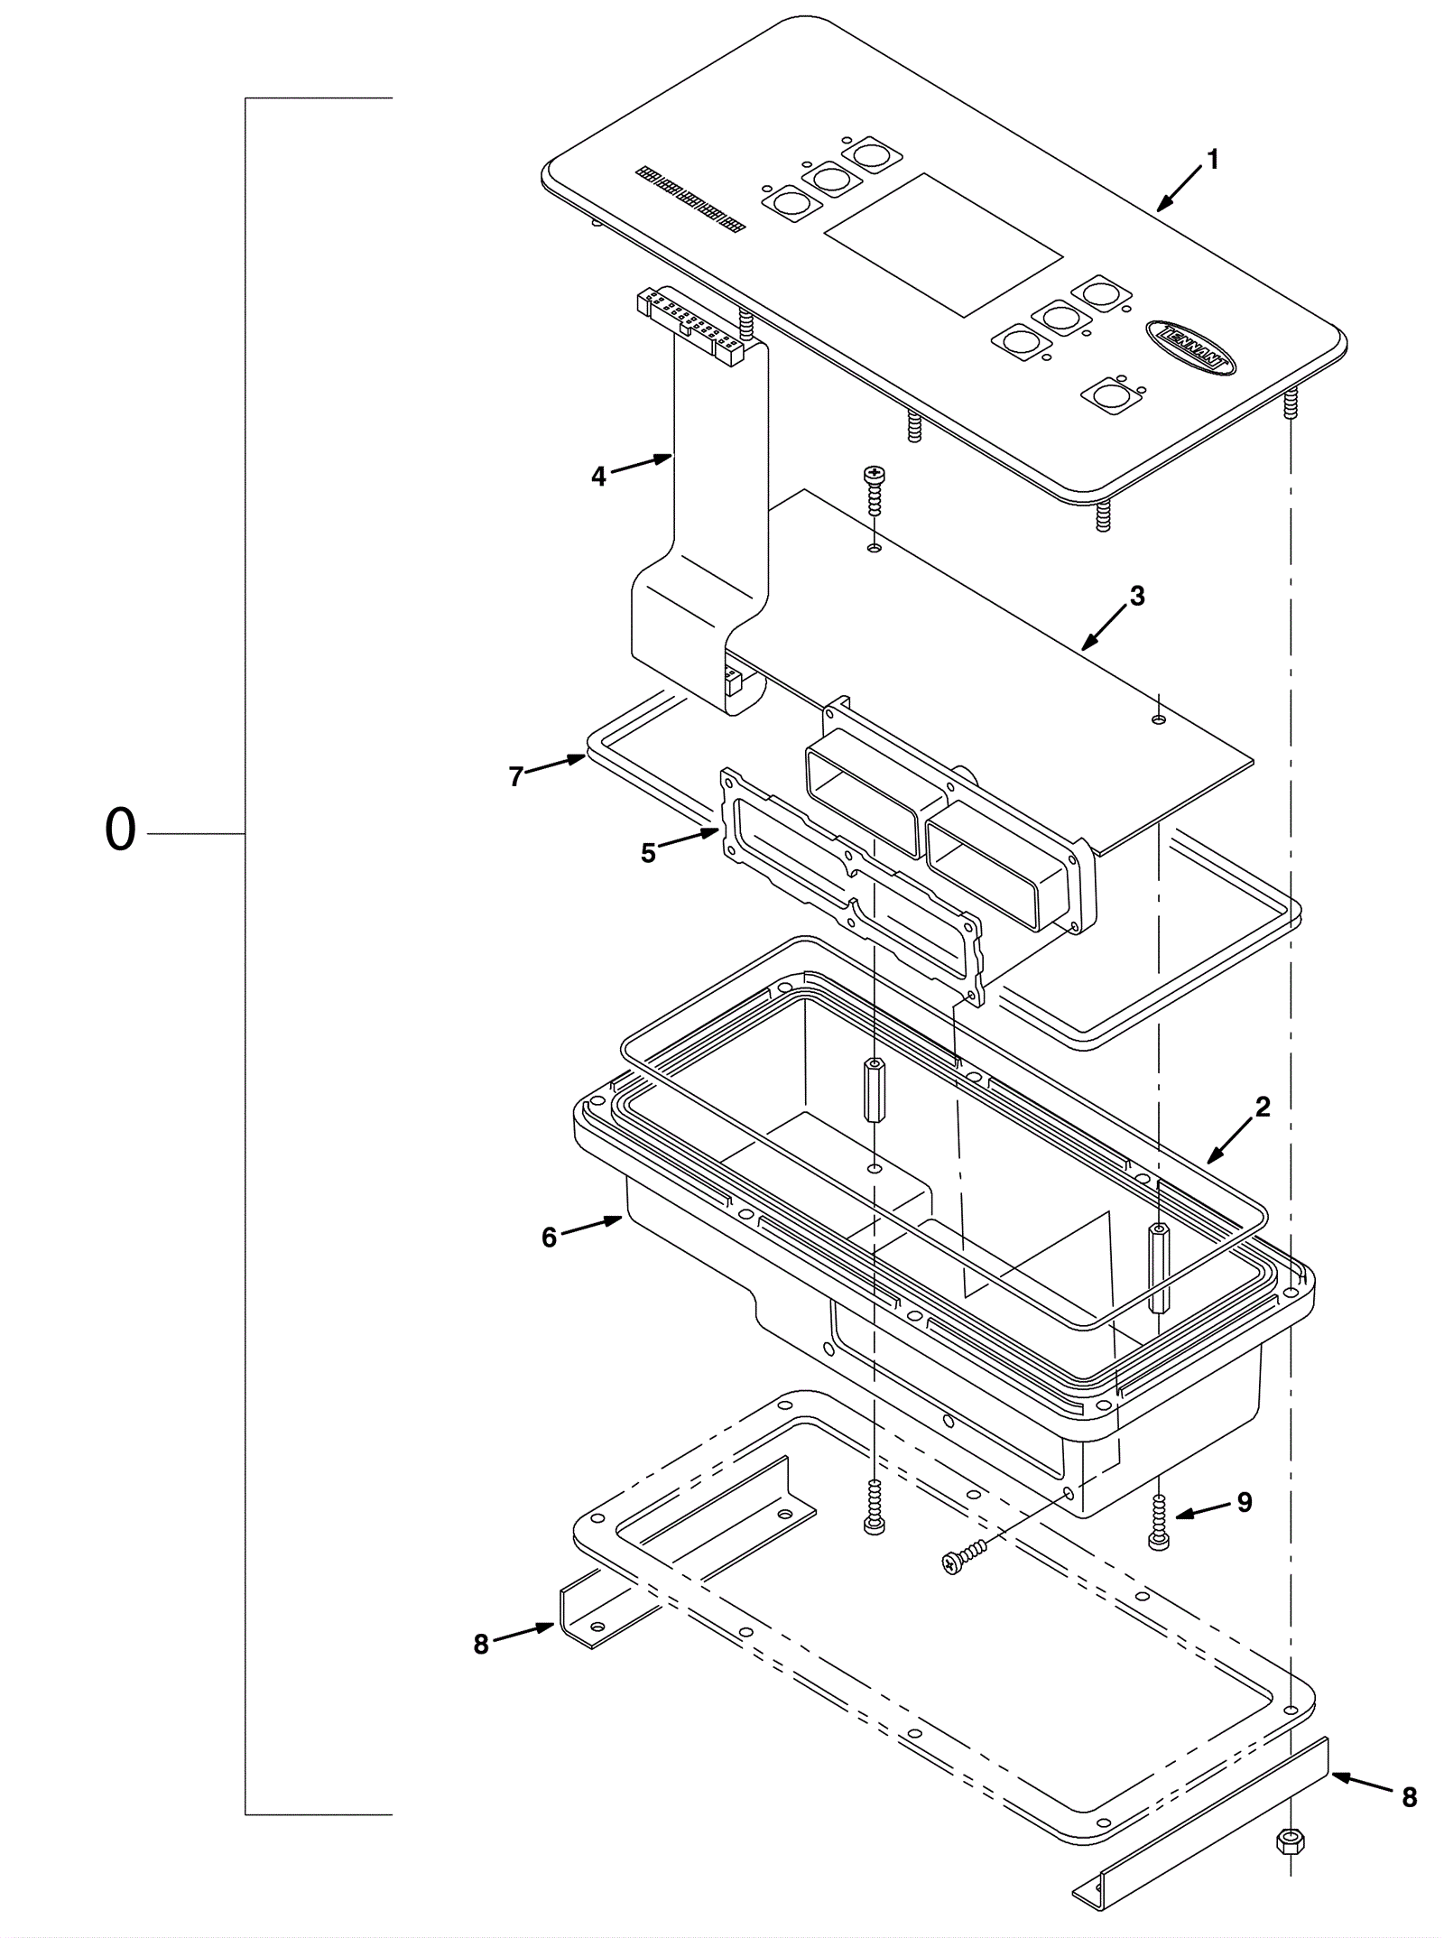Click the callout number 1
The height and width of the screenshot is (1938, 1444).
(1212, 160)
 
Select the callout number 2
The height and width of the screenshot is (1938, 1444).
(1263, 1106)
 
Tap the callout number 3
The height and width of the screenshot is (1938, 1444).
(1137, 596)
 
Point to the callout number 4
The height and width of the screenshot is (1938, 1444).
(599, 477)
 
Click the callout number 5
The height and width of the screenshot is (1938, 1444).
(648, 853)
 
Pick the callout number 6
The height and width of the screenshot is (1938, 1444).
(549, 1238)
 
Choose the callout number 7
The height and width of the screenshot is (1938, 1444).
(515, 776)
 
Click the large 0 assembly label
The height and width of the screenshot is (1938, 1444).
(120, 830)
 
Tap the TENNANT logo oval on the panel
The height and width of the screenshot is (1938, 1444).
(1191, 345)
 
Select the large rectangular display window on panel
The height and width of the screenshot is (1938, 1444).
(943, 244)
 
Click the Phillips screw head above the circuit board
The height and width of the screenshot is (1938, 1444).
(873, 473)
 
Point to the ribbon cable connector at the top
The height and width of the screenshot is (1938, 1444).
(690, 325)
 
